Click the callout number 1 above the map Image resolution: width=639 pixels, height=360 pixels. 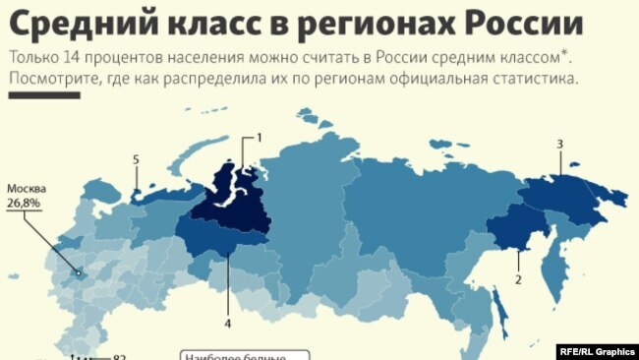pos(260,137)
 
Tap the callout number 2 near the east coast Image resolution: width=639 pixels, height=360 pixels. pos(517,278)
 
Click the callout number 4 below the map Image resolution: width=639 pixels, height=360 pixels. pos(227,322)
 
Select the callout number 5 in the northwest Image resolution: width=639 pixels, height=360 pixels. pos(136,159)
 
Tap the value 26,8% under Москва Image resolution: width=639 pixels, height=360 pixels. pos(26,204)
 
